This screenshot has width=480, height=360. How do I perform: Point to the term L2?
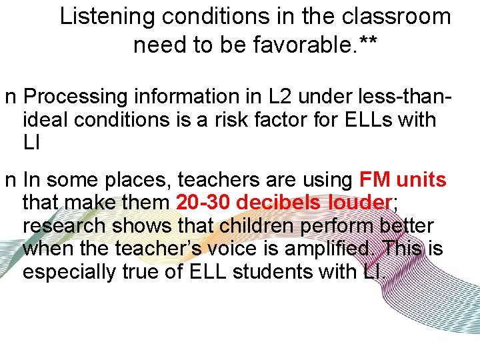264,97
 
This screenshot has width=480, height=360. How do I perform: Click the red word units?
421,180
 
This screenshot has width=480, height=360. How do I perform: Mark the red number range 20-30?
203,203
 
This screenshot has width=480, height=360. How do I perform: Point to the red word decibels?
279,203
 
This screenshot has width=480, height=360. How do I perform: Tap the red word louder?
357,203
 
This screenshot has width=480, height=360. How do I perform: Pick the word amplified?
322,249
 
